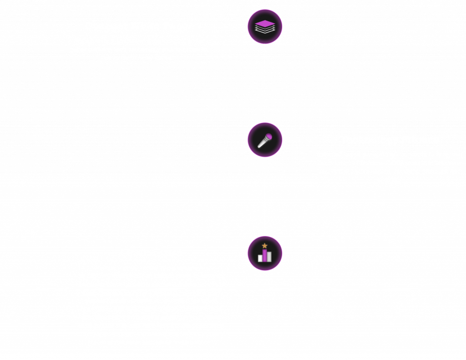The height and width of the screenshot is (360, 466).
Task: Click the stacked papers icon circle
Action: (x=265, y=26)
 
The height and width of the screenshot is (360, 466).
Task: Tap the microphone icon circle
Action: (x=265, y=140)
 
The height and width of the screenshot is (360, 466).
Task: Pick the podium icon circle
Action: (x=265, y=253)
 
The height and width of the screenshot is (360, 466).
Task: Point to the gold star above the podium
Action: (x=265, y=246)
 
